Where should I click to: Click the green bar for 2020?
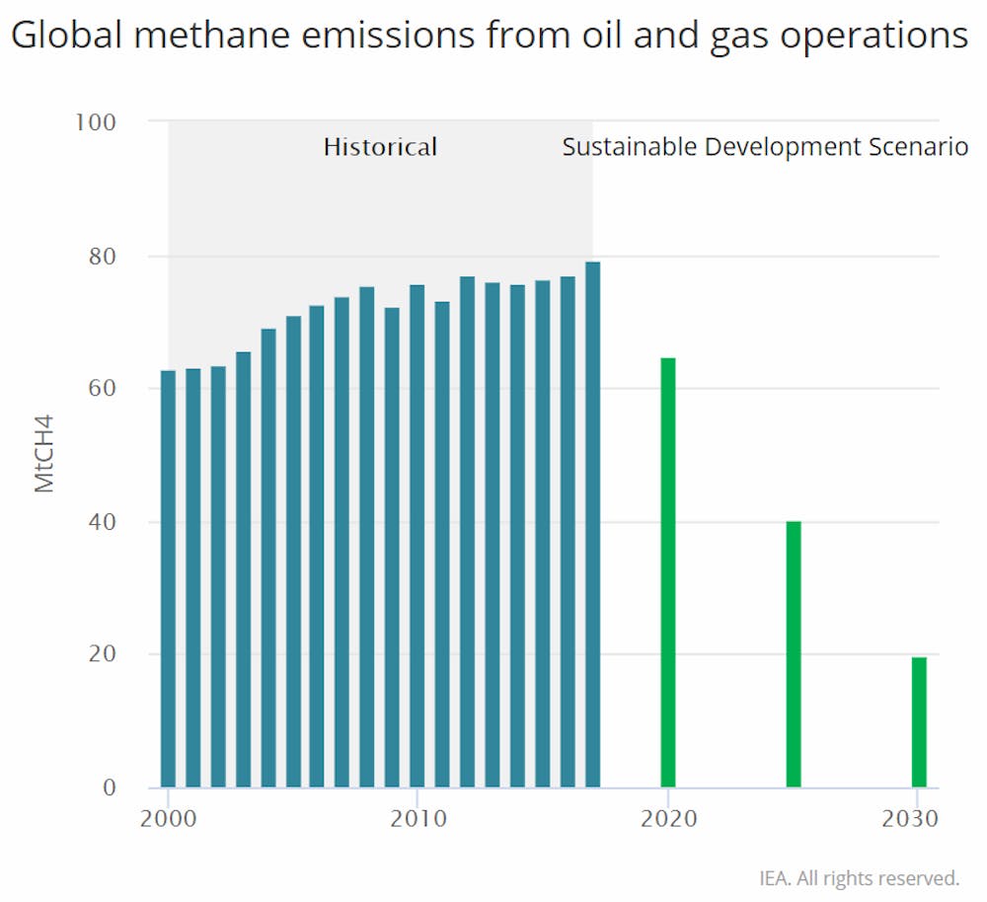coord(668,572)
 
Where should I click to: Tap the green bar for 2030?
coord(919,721)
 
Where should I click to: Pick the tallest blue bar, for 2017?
coord(592,524)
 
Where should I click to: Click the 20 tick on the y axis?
coord(103,654)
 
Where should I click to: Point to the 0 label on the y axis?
coord(110,788)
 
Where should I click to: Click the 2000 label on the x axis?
coord(168,819)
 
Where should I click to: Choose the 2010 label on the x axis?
coord(418,819)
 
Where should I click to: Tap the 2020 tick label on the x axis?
coord(668,819)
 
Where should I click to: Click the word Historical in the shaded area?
coord(380,148)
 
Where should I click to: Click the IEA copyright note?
coord(859,877)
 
